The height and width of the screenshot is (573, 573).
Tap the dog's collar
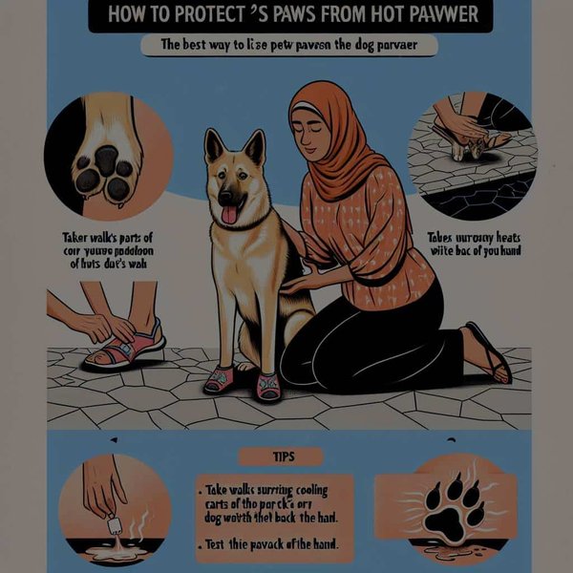coord(246,225)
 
